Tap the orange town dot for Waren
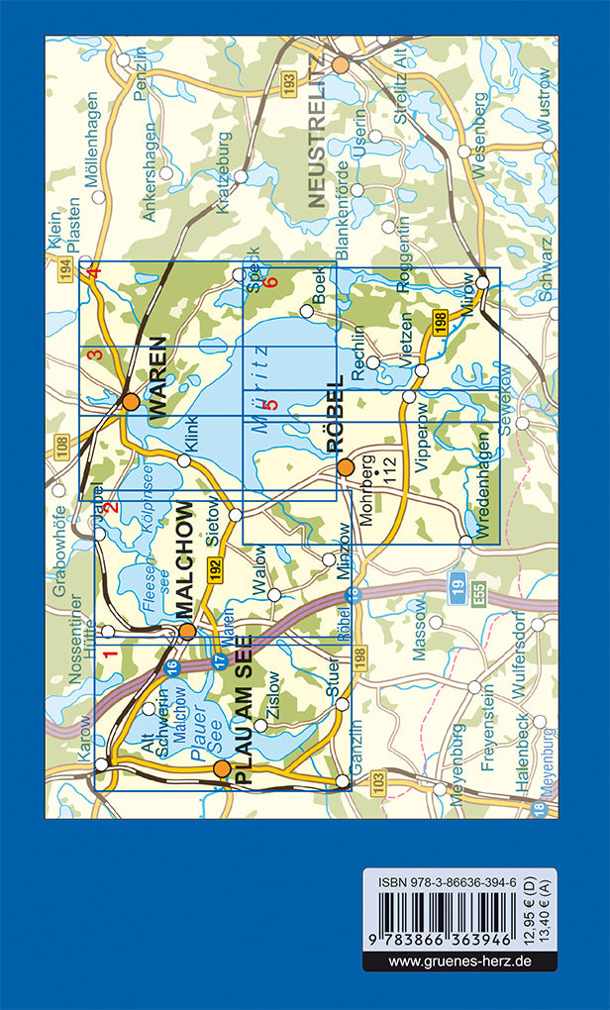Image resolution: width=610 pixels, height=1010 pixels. [130, 402]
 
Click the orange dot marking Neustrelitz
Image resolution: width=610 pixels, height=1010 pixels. [341, 65]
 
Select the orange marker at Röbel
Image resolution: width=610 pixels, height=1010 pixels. [345, 466]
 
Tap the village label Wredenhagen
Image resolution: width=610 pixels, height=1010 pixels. [484, 485]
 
